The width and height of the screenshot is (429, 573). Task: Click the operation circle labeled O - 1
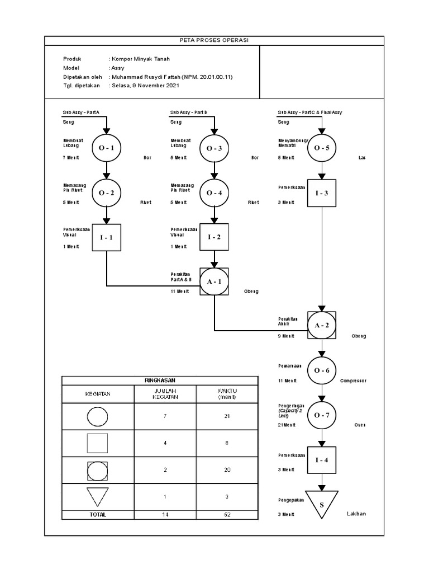point(106,148)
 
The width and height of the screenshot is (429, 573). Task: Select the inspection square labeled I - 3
point(321,194)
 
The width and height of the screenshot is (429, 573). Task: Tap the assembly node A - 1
point(214,281)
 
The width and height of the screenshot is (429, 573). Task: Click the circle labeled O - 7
point(321,415)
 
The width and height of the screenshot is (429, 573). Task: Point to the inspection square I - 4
point(321,460)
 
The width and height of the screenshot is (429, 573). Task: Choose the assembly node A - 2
point(321,325)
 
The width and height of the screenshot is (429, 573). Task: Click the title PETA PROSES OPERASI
point(214,40)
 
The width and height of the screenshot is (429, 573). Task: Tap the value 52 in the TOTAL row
point(227,514)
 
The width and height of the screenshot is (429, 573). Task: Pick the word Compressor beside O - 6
point(353,381)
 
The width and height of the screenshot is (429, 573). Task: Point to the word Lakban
point(356,514)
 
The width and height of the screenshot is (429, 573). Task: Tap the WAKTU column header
point(227,394)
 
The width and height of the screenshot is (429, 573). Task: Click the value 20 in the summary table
point(227,470)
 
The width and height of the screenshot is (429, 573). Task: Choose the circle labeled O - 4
point(214,193)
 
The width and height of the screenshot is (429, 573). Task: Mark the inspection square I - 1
point(106,237)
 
